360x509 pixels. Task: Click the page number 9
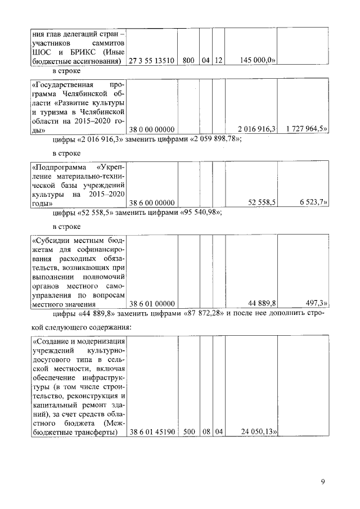(323, 481)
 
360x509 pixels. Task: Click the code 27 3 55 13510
(152, 60)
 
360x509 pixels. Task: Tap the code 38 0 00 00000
(152, 130)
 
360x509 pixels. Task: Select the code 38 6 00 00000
(152, 202)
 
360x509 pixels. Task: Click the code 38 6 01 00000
(152, 304)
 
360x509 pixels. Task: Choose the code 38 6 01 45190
(152, 433)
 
